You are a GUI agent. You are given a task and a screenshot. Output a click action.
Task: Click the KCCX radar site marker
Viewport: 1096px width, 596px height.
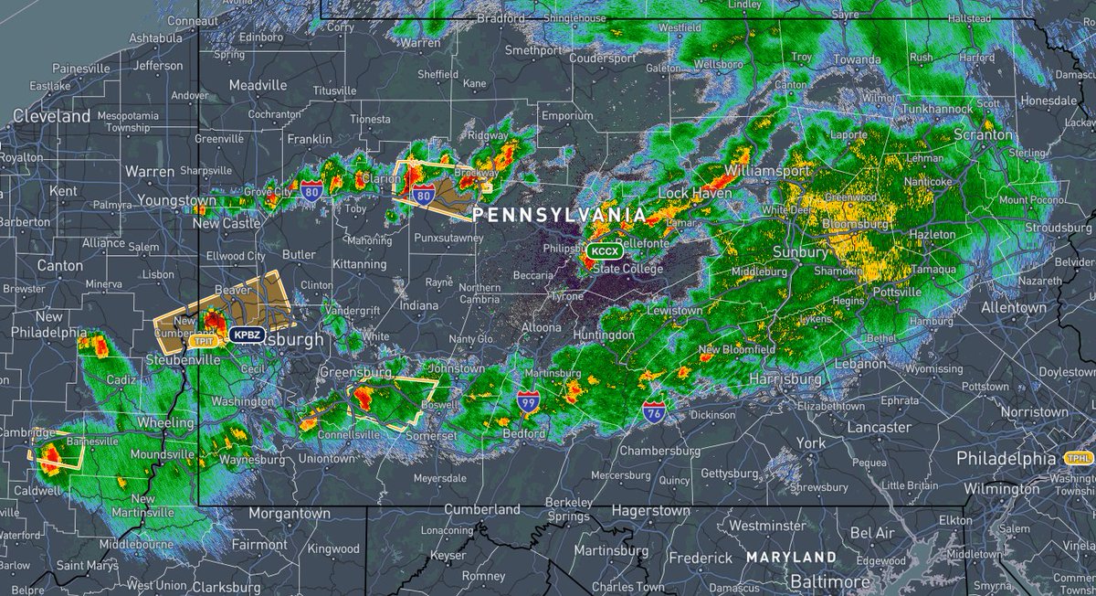coord(604,250)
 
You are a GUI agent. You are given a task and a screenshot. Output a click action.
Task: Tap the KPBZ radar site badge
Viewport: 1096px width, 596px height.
coord(246,335)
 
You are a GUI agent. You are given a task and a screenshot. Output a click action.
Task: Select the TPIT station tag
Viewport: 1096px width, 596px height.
coord(203,341)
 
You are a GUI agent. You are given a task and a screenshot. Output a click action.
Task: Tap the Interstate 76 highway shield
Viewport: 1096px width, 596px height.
coord(654,412)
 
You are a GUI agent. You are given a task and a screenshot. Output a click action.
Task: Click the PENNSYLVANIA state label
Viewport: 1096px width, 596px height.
coord(558,215)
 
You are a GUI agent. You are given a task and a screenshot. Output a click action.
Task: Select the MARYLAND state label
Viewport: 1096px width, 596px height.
coord(790,557)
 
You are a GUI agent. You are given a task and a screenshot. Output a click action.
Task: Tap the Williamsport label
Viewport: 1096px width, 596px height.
coord(767,171)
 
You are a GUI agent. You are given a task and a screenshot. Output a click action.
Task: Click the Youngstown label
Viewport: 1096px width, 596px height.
coord(177,200)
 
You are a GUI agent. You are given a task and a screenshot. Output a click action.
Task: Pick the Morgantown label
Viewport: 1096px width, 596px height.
coord(290,514)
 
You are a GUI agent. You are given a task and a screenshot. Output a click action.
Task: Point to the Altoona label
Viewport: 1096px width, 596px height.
coord(542,327)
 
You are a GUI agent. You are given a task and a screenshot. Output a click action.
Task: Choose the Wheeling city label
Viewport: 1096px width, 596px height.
coord(165,423)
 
